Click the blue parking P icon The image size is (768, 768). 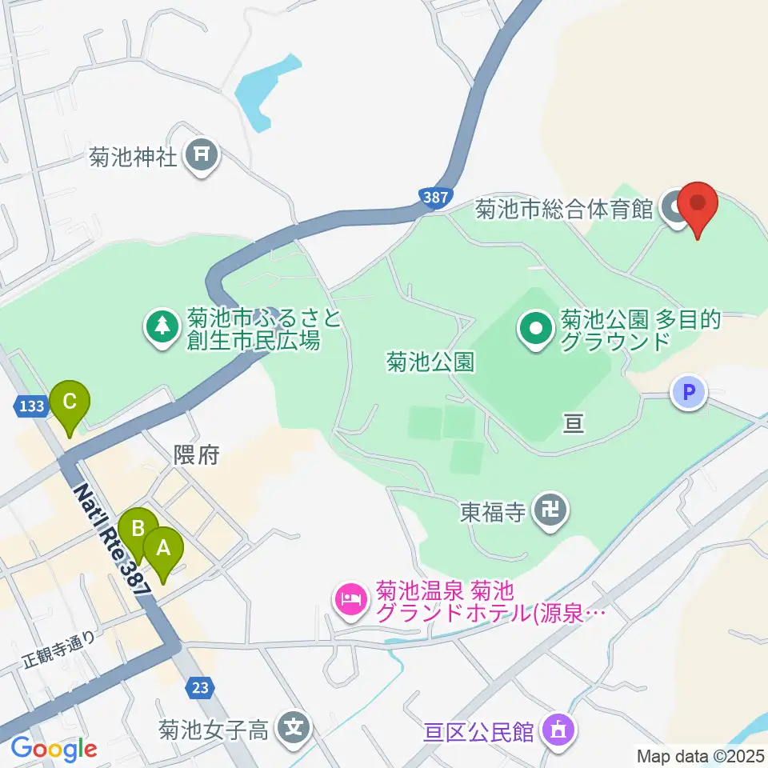pyautogui.click(x=689, y=393)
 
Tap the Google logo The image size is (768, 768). pyautogui.click(x=53, y=749)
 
